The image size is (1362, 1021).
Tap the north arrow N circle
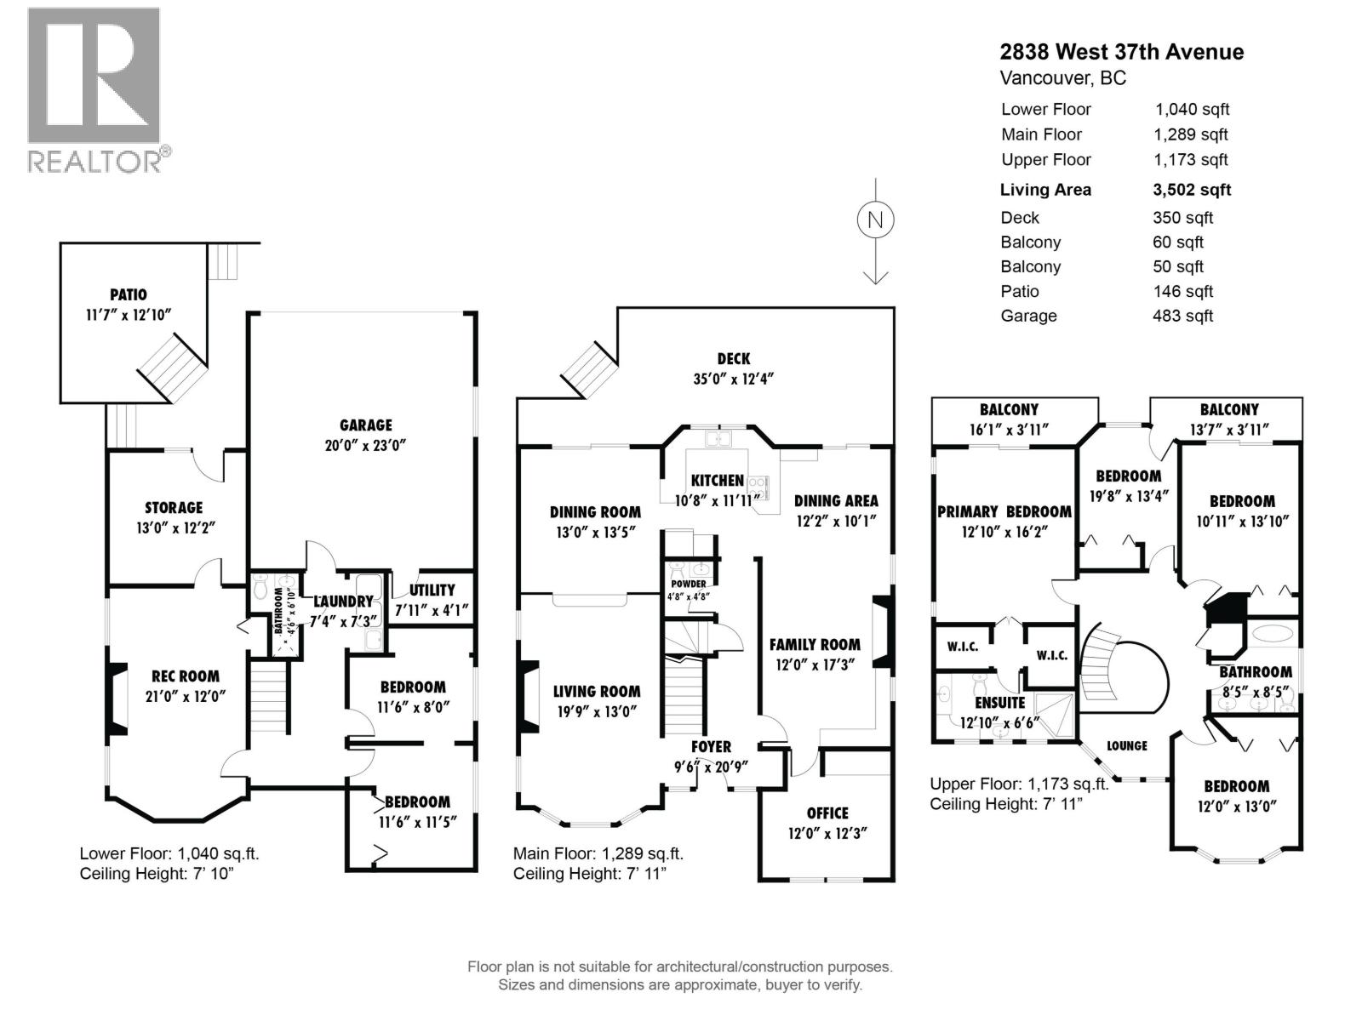click(875, 220)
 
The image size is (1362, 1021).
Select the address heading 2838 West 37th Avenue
click(1121, 52)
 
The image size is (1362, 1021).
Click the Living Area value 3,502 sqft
click(1192, 190)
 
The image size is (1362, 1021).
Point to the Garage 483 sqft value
click(1182, 316)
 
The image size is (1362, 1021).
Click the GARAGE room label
click(365, 425)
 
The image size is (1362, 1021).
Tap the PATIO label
click(128, 294)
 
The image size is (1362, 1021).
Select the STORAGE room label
click(174, 507)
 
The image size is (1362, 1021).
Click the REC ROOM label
click(186, 676)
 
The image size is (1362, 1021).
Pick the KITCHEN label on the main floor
click(717, 481)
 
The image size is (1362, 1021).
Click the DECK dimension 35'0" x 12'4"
click(733, 379)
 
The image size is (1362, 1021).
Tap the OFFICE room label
click(827, 813)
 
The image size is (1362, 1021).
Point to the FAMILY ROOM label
click(815, 644)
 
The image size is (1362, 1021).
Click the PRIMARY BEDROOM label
click(1004, 511)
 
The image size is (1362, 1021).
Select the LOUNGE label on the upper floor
click(1126, 745)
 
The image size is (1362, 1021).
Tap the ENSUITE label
click(999, 703)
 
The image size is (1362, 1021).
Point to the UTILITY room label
click(432, 590)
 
